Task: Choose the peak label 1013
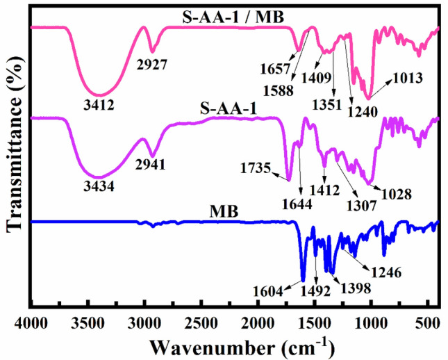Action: click(x=408, y=79)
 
